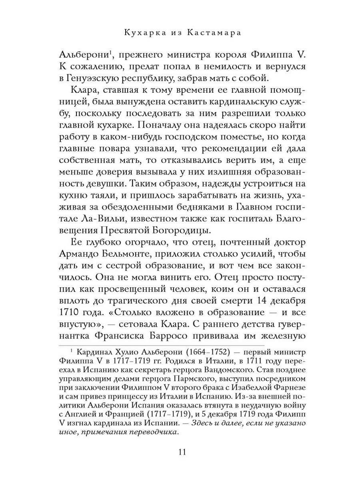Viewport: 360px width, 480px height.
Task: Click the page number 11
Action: (x=181, y=453)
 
